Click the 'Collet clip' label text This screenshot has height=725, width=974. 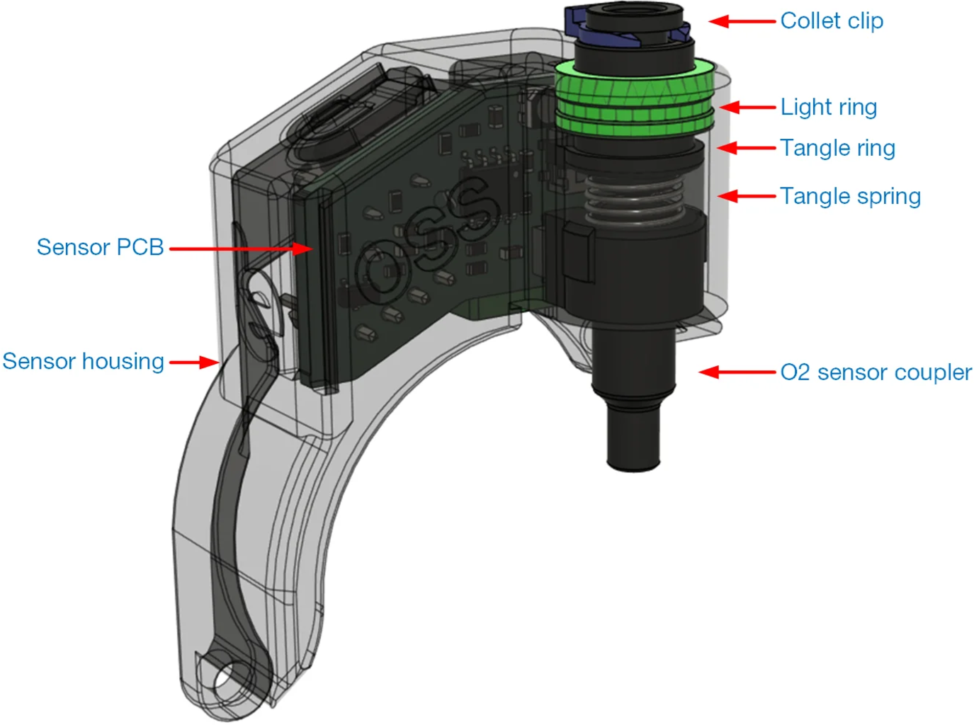832,21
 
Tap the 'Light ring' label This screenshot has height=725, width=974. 828,107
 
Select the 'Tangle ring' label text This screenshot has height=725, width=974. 837,148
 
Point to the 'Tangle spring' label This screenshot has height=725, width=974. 850,196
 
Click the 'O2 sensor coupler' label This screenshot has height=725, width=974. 876,372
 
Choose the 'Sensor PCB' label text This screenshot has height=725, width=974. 100,247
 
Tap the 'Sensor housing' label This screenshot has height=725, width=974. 84,361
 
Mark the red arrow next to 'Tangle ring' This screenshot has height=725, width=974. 747,148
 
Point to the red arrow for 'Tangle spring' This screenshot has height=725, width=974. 747,196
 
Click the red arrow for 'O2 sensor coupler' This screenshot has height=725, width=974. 737,372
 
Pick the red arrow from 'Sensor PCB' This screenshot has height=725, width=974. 241,249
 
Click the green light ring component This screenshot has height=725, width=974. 634,99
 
